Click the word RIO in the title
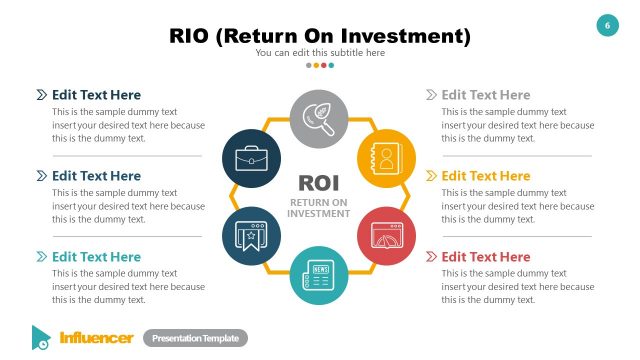click(x=191, y=37)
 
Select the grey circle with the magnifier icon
click(x=319, y=119)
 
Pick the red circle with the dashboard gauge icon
click(x=386, y=236)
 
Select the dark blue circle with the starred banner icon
click(x=252, y=236)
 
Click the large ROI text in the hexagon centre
click(x=319, y=183)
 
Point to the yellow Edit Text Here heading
click(x=486, y=176)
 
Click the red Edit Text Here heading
click(x=486, y=257)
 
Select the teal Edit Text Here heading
click(x=96, y=257)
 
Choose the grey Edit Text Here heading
click(x=486, y=95)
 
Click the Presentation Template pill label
click(x=195, y=338)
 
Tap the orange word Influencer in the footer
click(x=96, y=338)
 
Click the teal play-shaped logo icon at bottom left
click(x=41, y=337)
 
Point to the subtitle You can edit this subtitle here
click(x=319, y=52)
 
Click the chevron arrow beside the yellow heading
click(x=431, y=176)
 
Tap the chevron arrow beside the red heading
click(x=431, y=257)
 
